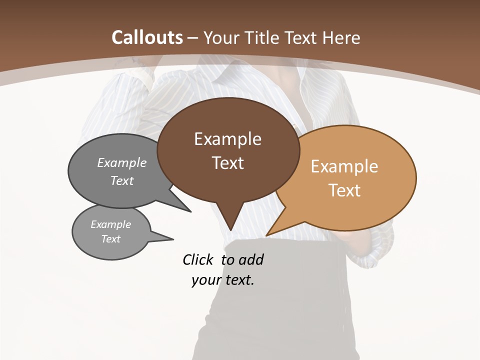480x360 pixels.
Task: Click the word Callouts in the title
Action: (x=147, y=37)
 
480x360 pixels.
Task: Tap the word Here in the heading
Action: (x=341, y=37)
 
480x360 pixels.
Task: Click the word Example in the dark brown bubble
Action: (x=227, y=139)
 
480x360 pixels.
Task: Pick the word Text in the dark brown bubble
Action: (x=227, y=163)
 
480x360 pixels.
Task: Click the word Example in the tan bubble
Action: (x=344, y=166)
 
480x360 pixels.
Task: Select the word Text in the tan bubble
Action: (x=344, y=190)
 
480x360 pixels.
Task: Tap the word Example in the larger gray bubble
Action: (x=122, y=163)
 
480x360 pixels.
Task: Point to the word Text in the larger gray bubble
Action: (x=122, y=181)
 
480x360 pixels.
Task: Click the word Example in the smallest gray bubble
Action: (x=110, y=224)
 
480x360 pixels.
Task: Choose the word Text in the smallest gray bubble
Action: (x=110, y=239)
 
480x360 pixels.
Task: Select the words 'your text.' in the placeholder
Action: (x=223, y=280)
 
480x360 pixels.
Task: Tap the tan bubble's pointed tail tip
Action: (x=267, y=235)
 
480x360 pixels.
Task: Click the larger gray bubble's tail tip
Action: (x=190, y=211)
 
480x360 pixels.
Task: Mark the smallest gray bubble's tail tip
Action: (x=173, y=239)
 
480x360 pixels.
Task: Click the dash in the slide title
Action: (x=193, y=37)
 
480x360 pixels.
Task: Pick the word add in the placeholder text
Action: (x=251, y=259)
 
